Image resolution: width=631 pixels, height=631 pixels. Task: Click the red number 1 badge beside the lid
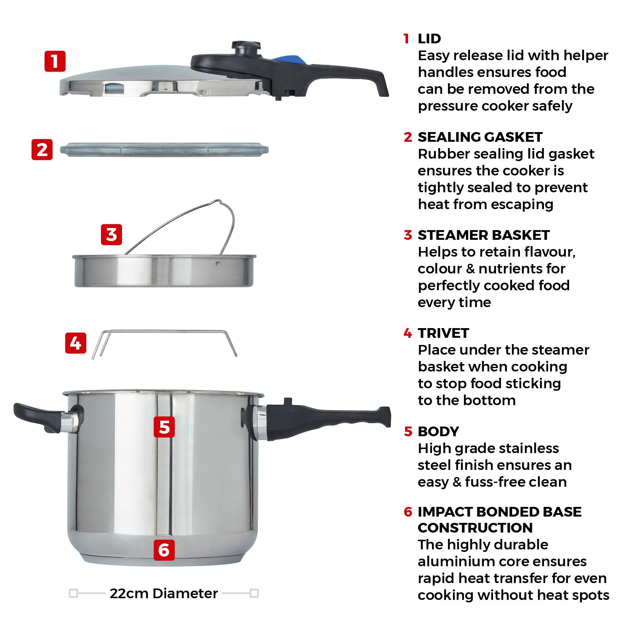(x=55, y=61)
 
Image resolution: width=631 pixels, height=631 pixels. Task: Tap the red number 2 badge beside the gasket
(x=42, y=150)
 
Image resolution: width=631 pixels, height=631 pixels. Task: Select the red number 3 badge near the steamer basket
(x=111, y=235)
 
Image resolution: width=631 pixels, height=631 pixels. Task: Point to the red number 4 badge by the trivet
(x=76, y=343)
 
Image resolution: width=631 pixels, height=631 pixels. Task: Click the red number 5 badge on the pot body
(x=164, y=427)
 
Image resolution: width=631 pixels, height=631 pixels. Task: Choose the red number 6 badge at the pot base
(x=164, y=550)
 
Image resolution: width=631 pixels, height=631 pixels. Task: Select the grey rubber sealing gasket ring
(x=164, y=150)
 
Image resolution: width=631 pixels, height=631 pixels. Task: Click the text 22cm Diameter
(x=164, y=594)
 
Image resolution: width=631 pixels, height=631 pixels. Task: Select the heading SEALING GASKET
(x=480, y=137)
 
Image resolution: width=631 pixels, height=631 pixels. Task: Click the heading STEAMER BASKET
(x=483, y=235)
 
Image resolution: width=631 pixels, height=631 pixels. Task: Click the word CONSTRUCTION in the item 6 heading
(x=475, y=528)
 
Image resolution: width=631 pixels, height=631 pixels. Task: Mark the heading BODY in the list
(x=438, y=432)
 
